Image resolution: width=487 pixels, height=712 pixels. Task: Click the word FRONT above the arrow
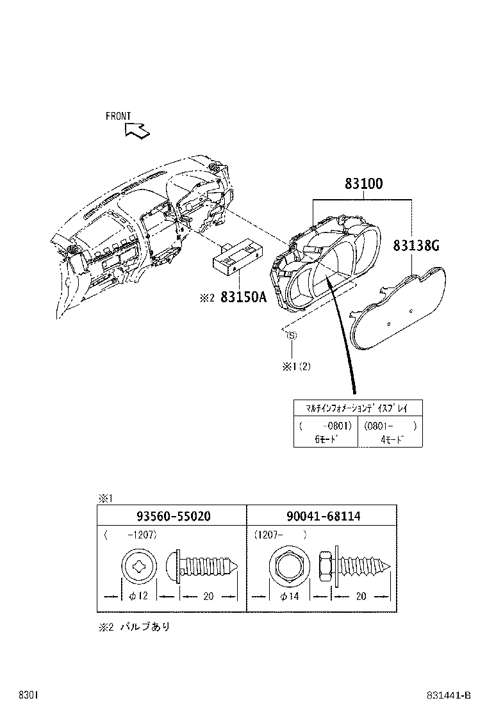118,116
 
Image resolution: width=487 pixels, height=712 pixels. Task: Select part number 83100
363,184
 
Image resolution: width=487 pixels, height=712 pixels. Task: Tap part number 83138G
416,245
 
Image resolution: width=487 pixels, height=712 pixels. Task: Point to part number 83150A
243,297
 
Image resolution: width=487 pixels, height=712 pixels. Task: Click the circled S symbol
291,335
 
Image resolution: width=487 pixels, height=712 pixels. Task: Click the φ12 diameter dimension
138,596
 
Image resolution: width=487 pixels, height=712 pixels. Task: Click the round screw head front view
138,565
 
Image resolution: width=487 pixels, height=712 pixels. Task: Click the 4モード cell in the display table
391,439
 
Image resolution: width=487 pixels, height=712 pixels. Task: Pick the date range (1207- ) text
280,533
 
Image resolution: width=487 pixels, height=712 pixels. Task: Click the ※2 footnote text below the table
135,627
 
